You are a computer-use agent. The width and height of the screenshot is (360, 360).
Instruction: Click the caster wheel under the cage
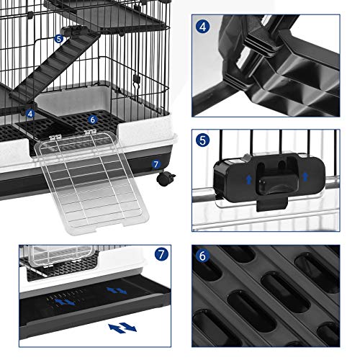click(x=166, y=178)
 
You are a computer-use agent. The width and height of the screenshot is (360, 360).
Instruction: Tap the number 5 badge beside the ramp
click(x=59, y=38)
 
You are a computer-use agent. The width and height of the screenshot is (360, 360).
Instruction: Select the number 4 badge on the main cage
click(x=30, y=114)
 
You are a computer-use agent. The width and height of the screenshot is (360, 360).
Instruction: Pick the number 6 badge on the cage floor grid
click(x=93, y=120)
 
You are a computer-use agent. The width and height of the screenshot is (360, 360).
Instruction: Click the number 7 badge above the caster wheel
click(x=156, y=164)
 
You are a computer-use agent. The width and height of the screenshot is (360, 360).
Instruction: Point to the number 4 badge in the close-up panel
click(x=203, y=27)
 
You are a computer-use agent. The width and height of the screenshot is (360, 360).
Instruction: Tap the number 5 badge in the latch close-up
click(x=203, y=140)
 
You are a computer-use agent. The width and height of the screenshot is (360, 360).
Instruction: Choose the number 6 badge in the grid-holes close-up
click(x=203, y=256)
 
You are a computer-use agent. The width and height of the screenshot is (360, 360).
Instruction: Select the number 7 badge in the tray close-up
click(x=161, y=254)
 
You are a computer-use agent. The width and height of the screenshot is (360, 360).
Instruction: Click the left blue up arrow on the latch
click(x=249, y=179)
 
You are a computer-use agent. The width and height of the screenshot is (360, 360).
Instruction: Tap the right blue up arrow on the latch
click(x=305, y=176)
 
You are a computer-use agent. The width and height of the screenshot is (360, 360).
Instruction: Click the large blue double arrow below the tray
click(x=122, y=328)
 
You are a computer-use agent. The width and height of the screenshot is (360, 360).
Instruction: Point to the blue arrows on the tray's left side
click(x=66, y=302)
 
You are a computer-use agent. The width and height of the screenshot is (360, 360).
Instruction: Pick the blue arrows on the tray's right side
click(x=117, y=291)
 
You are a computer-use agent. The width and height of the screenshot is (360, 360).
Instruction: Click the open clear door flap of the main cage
click(x=91, y=182)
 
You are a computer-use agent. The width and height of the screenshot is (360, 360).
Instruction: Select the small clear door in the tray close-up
click(x=63, y=256)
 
